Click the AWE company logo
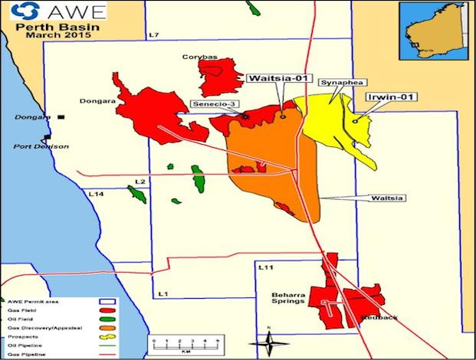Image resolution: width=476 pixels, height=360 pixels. pyautogui.click(x=54, y=12)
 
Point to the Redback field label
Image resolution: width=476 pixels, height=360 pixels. pyautogui.click(x=380, y=316)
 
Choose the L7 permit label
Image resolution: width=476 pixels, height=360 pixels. pyautogui.click(x=153, y=35)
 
